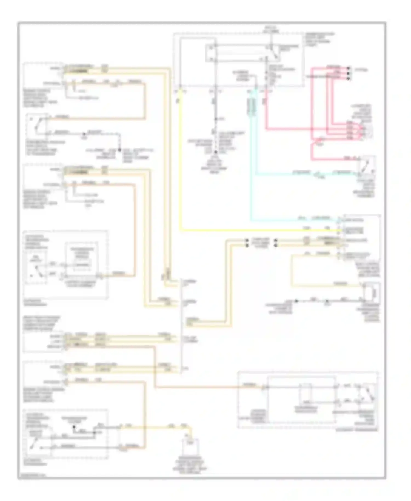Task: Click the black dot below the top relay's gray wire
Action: click(216, 152)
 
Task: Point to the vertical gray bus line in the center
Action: click(181, 326)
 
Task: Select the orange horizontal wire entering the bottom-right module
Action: click(208, 387)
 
